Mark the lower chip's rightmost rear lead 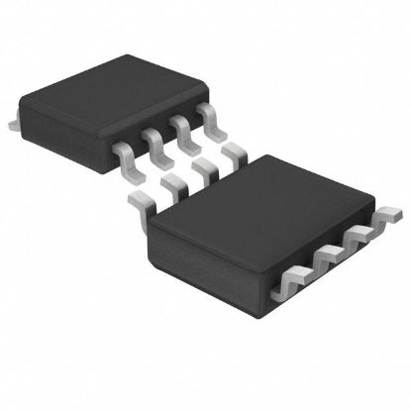235,153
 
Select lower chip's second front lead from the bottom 321,263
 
